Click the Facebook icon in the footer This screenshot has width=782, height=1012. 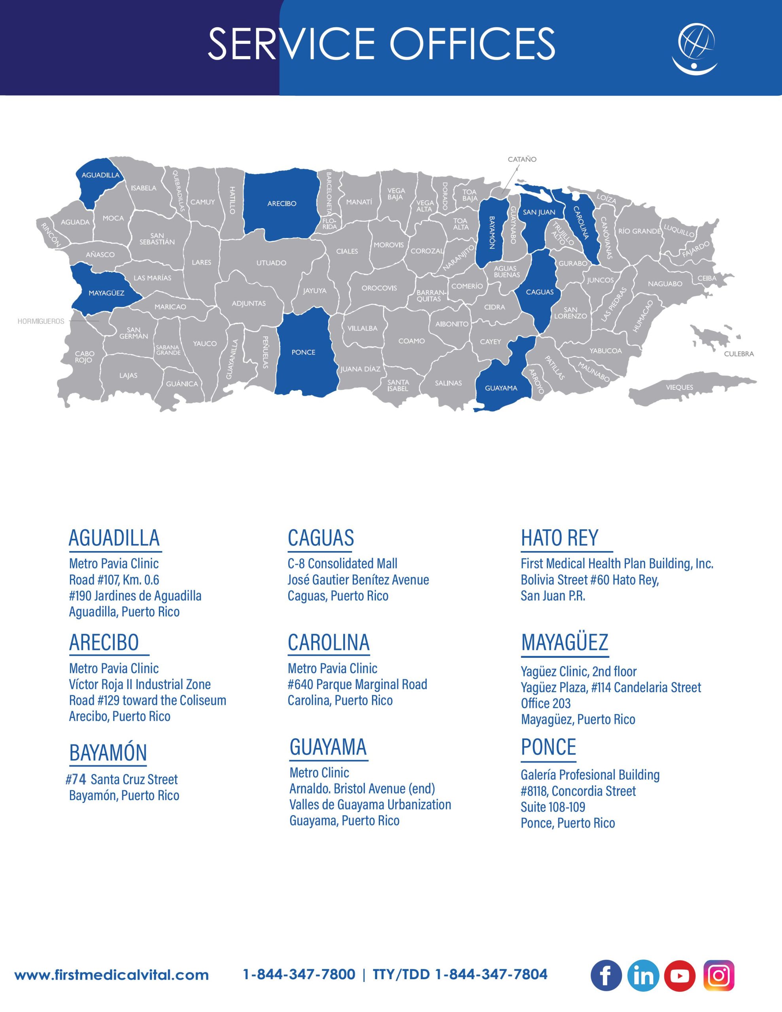tap(606, 975)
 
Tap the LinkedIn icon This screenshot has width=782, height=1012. tap(643, 975)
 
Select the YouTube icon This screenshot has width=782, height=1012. tap(680, 975)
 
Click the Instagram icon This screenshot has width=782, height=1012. tap(718, 975)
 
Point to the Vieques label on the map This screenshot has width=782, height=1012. tap(680, 387)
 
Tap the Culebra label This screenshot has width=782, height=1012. tap(739, 354)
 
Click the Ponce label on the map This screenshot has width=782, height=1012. tap(303, 352)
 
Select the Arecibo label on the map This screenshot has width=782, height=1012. tap(282, 204)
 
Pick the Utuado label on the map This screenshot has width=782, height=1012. tap(271, 263)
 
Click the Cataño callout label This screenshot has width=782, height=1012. tap(522, 159)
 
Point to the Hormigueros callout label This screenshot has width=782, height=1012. tap(41, 321)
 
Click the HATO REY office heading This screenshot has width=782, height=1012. tap(559, 538)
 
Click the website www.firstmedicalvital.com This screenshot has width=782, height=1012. tap(112, 975)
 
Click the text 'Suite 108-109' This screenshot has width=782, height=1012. tap(553, 807)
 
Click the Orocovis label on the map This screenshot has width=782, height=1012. tap(379, 288)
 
